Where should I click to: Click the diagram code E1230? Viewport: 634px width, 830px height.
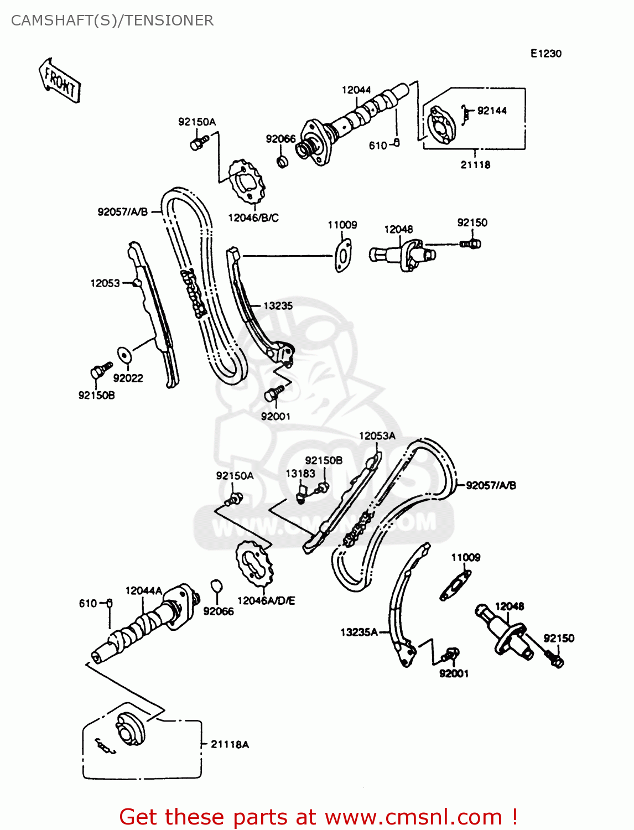[x=545, y=54]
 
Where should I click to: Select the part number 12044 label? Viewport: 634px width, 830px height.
[x=356, y=90]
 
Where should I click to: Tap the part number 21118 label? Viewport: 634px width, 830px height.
[x=475, y=164]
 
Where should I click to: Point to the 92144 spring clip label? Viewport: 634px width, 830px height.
[x=492, y=111]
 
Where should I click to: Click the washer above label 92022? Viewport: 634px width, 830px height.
[x=123, y=354]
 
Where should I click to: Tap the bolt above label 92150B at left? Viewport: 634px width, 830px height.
[x=100, y=370]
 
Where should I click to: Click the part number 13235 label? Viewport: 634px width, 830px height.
[x=278, y=305]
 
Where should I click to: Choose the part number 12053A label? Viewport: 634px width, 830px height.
[x=377, y=436]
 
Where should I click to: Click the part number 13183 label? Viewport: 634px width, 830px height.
[x=300, y=474]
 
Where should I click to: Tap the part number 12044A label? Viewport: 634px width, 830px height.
[x=144, y=591]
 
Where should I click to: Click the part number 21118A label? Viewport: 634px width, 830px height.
[x=230, y=744]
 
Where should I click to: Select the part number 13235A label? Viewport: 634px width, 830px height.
[x=359, y=632]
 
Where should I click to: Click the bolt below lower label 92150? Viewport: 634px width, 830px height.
[x=555, y=658]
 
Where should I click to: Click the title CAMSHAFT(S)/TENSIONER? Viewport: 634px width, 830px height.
[x=112, y=20]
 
